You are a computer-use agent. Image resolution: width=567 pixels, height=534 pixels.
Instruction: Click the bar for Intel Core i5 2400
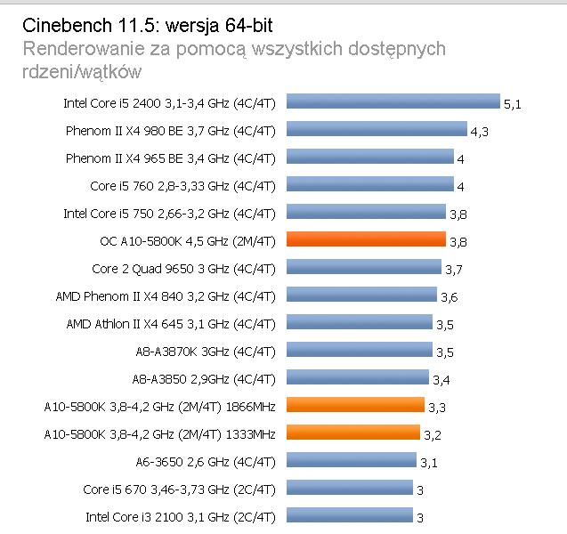(393, 102)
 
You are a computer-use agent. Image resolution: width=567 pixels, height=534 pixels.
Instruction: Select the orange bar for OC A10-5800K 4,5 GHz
(366, 239)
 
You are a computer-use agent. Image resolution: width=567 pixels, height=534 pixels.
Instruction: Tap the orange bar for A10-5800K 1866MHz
(355, 405)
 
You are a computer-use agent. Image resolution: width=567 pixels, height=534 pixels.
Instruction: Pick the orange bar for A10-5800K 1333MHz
(353, 433)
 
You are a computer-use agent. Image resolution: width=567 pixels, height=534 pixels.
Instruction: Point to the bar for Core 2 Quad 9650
(364, 267)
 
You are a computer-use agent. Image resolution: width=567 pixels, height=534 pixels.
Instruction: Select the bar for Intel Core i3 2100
(350, 515)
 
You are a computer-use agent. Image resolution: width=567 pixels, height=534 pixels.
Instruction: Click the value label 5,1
(512, 104)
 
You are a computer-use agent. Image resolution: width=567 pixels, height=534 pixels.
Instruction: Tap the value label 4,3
(479, 132)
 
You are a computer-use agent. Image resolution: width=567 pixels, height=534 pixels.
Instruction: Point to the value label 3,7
(453, 269)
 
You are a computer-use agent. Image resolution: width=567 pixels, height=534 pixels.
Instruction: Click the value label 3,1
(429, 462)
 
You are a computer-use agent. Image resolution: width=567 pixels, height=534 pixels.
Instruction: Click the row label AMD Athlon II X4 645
(171, 323)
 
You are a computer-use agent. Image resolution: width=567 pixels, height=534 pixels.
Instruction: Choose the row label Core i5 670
(179, 489)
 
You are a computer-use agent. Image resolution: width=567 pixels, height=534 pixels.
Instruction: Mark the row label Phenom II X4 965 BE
(171, 158)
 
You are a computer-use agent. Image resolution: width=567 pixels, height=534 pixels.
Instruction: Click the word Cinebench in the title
(61, 23)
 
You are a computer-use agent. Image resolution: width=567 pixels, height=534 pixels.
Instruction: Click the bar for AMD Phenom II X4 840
(361, 295)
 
